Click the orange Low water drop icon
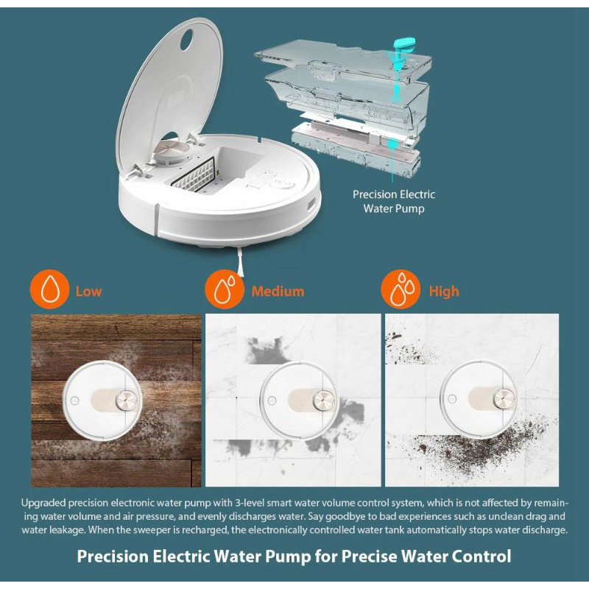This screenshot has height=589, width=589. (x=49, y=289)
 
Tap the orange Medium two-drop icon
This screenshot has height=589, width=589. (x=225, y=289)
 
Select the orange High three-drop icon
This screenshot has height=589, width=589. (x=401, y=289)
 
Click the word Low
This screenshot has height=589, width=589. (x=88, y=292)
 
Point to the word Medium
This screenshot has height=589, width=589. (x=278, y=292)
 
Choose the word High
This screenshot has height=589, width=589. (x=444, y=292)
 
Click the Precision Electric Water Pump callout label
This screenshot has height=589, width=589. (x=394, y=201)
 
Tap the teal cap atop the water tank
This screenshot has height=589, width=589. (x=404, y=43)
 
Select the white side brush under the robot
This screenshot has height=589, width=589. (x=240, y=262)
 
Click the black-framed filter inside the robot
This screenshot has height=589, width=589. (x=193, y=174)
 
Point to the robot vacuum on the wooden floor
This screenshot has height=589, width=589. (x=103, y=401)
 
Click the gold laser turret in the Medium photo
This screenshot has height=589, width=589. (x=323, y=400)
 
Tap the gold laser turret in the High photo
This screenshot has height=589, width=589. (x=504, y=398)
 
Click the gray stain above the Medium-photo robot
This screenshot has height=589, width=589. (x=266, y=351)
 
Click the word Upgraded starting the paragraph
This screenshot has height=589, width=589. (x=43, y=503)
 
